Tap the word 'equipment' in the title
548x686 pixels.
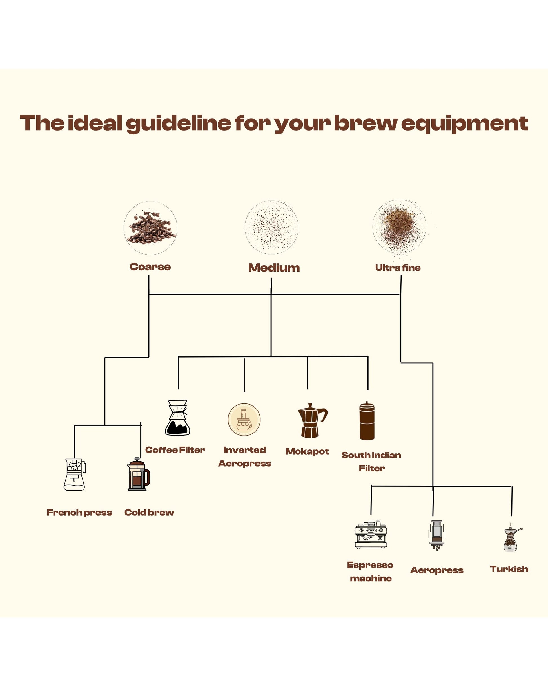coord(464,123)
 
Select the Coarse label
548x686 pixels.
coord(150,267)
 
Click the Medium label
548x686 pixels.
coord(274,268)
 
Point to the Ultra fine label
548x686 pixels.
coord(398,268)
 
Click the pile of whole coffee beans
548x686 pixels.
coord(151,228)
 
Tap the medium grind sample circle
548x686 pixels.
coord(271,228)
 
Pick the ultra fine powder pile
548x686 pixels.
coord(399,226)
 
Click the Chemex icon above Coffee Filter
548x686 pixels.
coord(177,418)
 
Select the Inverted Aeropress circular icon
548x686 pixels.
coord(244,420)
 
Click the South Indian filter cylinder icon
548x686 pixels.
coord(367,421)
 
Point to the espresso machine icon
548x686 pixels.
coord(371,535)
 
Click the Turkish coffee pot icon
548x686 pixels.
coord(511,538)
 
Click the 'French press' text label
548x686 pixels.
coord(79,513)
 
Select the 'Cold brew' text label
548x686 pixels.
coord(149,513)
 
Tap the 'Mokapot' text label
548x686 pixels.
coord(307,451)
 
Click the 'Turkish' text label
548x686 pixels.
coord(509,569)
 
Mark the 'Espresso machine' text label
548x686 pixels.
coord(370,572)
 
